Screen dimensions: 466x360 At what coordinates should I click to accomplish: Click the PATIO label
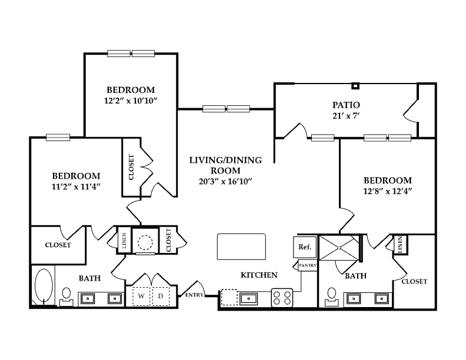pos(346,105)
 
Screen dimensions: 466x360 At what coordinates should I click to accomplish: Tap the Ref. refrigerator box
pos(305,247)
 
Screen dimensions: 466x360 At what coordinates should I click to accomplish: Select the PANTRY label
pos(308,265)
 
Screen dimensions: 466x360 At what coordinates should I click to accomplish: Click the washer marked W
pos(141,296)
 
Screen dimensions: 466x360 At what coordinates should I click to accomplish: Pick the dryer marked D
pos(161,296)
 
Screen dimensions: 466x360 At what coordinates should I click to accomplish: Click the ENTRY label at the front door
pos(194,295)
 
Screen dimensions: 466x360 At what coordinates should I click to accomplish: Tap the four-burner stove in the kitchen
pos(282,298)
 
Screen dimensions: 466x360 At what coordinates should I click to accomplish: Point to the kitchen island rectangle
pos(241,246)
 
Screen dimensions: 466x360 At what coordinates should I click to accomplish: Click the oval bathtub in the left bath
pos(44,285)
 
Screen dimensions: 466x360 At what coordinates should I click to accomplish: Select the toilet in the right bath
pos(331,297)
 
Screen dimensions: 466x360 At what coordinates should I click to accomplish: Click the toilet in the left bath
pos(66,297)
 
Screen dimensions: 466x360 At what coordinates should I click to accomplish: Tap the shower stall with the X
pos(339,248)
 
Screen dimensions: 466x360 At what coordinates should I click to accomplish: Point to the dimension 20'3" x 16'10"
pos(225,181)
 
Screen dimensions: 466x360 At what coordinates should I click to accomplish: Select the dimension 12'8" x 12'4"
pos(388,191)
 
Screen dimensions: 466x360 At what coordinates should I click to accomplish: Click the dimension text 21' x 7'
pos(346,115)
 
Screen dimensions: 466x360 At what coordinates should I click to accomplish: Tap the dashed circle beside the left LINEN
pos(145,242)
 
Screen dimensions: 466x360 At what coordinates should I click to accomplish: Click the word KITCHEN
pos(259,275)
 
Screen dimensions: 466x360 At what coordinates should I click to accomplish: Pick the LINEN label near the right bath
pos(400,245)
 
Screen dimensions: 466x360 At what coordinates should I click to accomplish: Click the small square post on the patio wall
pos(355,86)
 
